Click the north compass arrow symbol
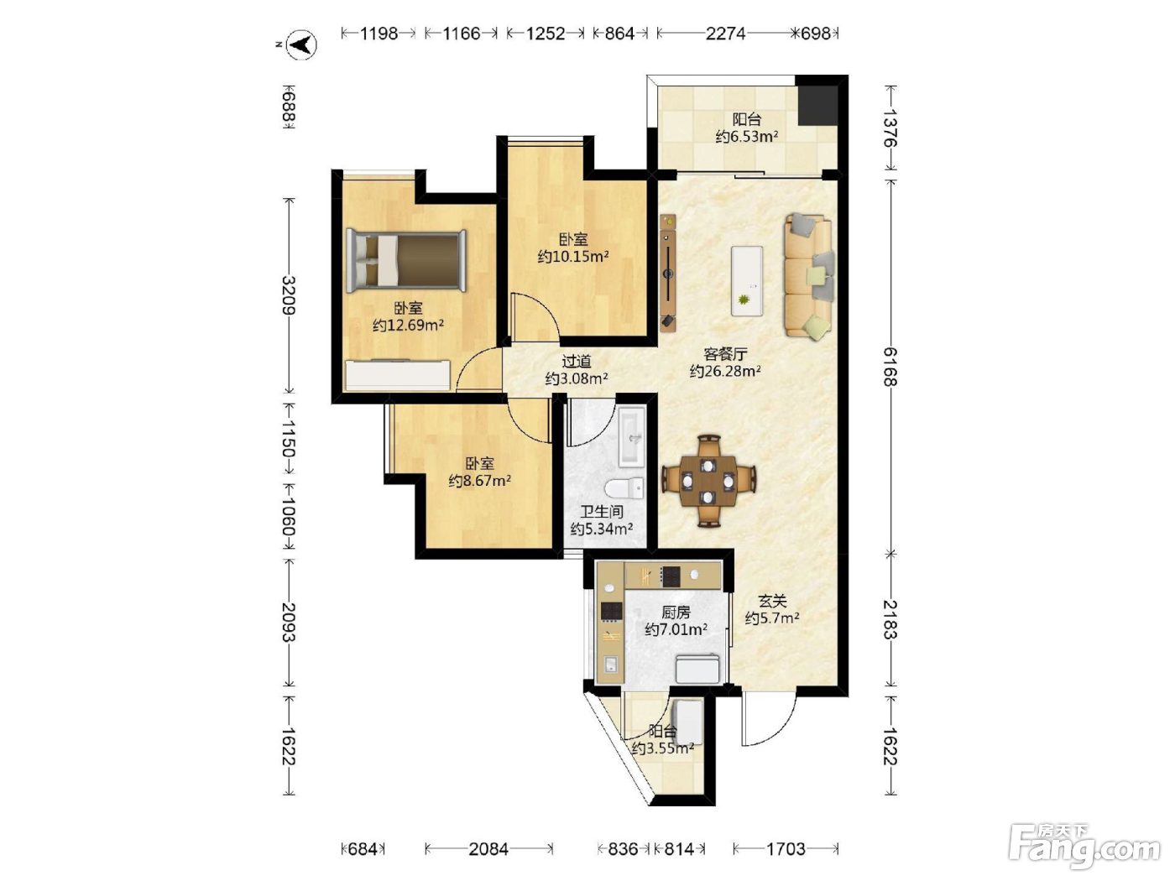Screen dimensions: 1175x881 301,44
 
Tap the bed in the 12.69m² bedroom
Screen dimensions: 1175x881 405,261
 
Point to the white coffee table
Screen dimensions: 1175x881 747,281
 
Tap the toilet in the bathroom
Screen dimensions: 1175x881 624,488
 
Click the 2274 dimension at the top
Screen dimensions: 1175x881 725,34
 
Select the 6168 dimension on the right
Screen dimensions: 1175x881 890,367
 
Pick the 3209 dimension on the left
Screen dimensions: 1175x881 289,295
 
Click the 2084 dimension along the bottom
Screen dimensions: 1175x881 488,848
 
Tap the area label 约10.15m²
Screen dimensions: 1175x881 572,257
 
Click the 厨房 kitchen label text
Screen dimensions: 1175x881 676,612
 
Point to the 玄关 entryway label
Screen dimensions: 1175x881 772,602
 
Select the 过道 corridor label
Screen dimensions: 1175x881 577,362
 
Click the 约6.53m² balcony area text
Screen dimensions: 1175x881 747,137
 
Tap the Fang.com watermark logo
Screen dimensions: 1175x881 1084,847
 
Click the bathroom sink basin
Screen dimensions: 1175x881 633,437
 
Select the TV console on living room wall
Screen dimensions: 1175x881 668,272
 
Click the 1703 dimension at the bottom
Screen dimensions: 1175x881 786,848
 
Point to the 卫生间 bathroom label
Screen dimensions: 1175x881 602,512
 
